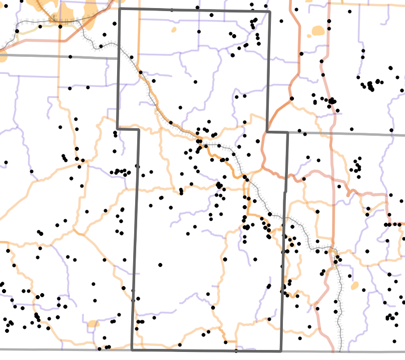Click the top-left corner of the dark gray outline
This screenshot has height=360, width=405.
[119, 9]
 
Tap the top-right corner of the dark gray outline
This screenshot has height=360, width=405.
[269, 11]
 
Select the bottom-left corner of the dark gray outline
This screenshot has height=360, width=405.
[132, 350]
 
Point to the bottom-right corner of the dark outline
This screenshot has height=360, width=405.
[281, 351]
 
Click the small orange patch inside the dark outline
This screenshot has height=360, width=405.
[174, 30]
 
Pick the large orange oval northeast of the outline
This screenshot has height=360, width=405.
[318, 31]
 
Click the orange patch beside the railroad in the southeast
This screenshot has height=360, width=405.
[355, 286]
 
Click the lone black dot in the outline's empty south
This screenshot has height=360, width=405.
[160, 264]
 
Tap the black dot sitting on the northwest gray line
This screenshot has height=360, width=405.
[70, 57]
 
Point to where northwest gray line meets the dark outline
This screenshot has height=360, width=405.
[119, 58]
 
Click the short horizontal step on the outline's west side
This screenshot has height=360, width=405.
[128, 129]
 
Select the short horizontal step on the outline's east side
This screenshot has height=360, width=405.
[277, 133]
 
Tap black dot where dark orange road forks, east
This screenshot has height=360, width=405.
[291, 98]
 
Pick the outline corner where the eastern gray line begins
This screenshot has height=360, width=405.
[287, 133]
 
